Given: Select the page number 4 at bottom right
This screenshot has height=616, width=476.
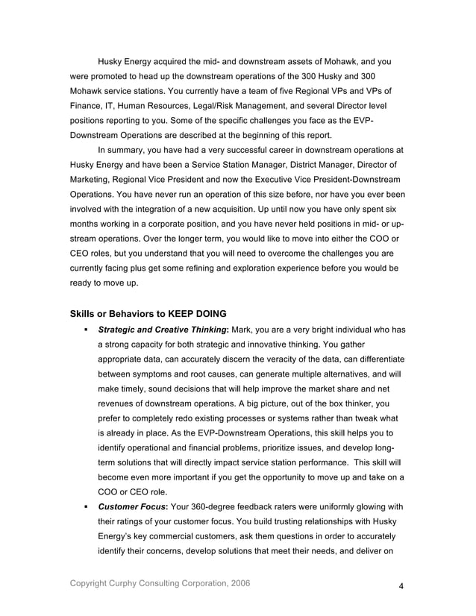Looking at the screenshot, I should [x=401, y=585].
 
